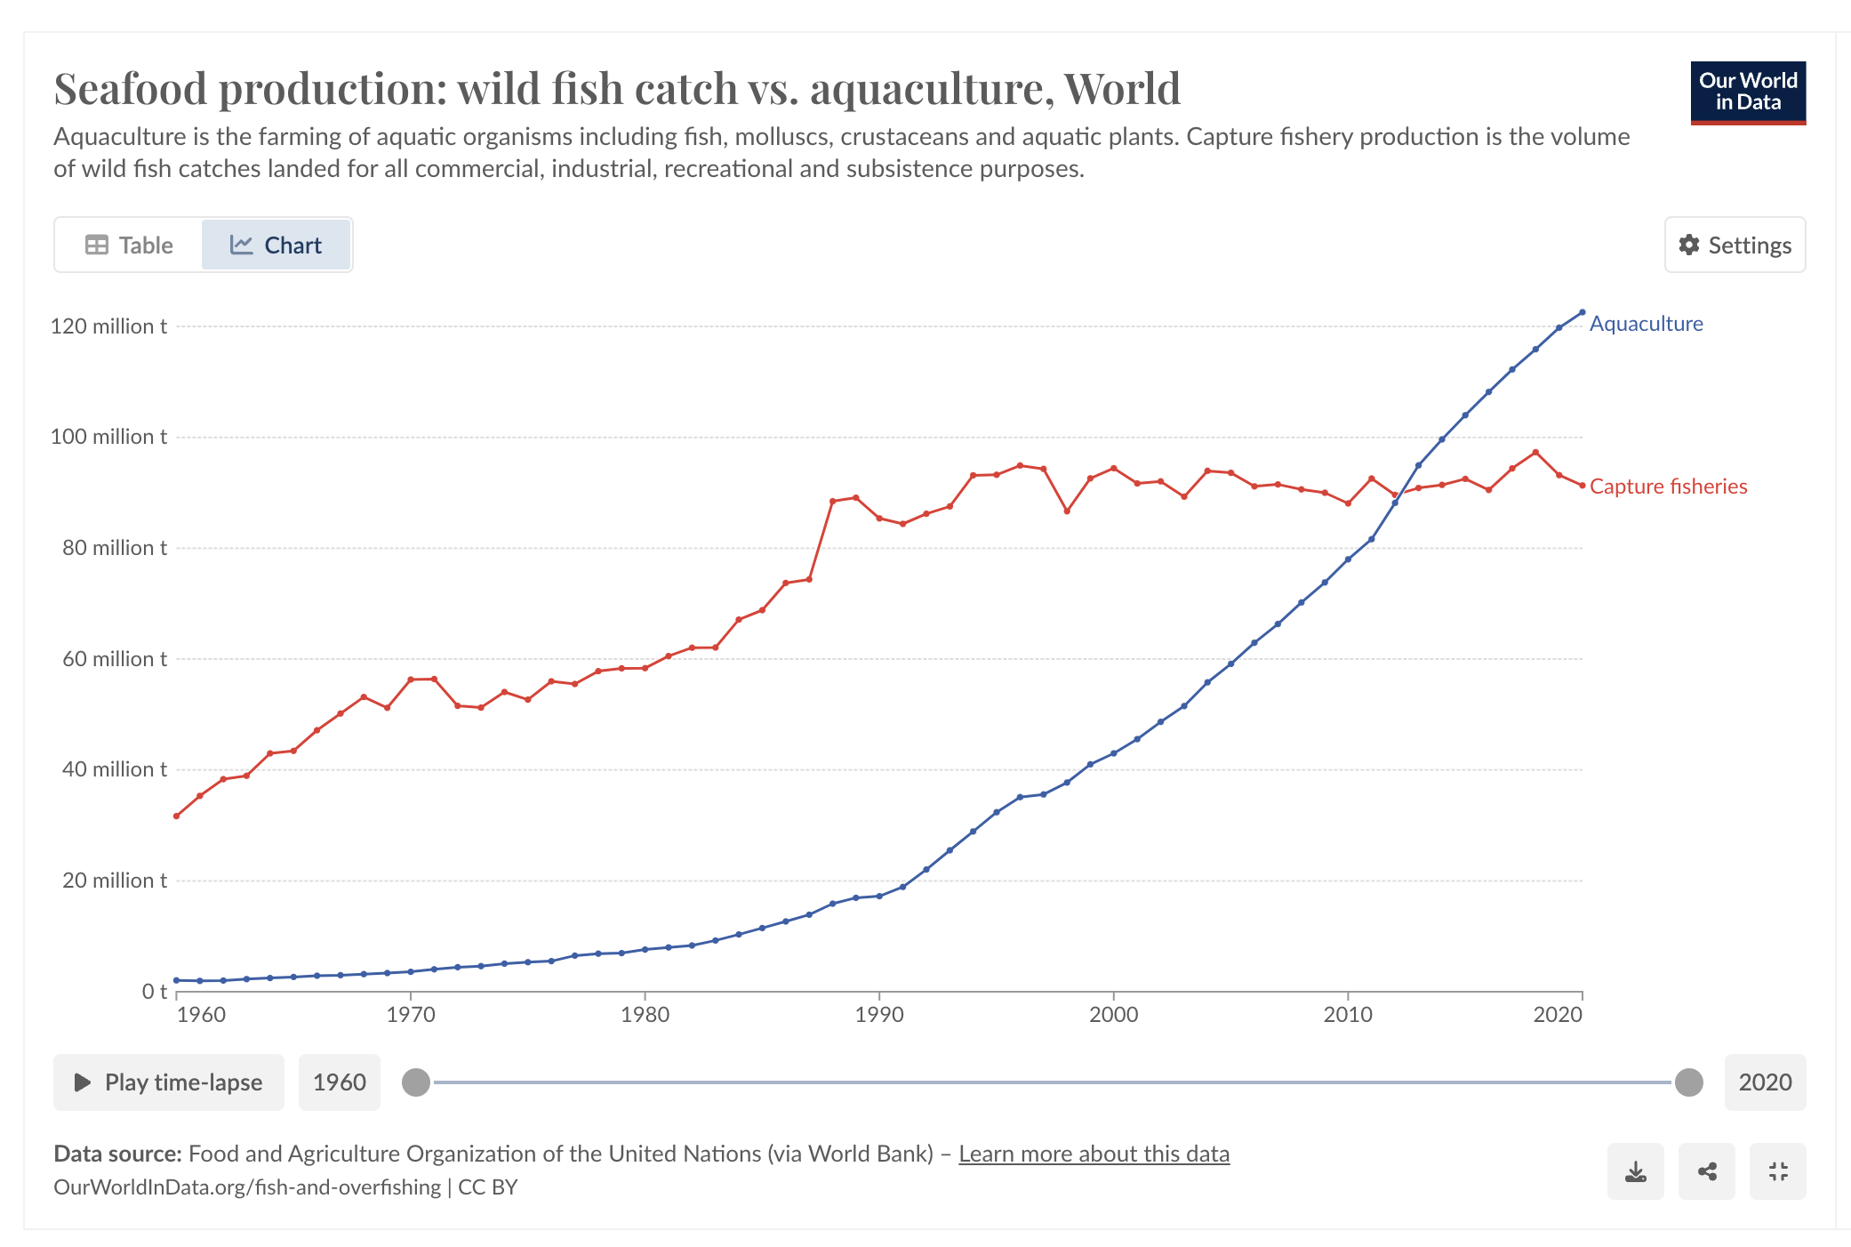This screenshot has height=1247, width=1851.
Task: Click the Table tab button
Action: pos(130,245)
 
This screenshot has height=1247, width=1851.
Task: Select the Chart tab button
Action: pos(276,245)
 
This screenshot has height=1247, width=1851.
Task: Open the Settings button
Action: pos(1735,245)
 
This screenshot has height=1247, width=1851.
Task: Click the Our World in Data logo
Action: pos(1747,93)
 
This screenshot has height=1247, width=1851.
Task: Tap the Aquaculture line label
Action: pos(1646,324)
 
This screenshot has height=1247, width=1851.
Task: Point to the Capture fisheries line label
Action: pos(1668,487)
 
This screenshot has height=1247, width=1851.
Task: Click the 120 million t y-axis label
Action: pos(108,326)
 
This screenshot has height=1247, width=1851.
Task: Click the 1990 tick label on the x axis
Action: pos(879,1015)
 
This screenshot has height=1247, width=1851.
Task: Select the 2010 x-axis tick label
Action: pos(1348,1015)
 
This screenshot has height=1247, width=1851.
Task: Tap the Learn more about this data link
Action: pos(1094,1154)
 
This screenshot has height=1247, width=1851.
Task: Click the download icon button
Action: pos(1635,1171)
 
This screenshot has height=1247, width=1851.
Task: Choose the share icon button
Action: pos(1706,1171)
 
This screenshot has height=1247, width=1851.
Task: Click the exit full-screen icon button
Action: pos(1777,1171)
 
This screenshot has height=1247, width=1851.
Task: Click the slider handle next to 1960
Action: pos(416,1082)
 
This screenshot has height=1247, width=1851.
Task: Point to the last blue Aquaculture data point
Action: pos(1583,312)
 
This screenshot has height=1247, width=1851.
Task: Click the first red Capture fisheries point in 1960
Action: pos(176,816)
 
